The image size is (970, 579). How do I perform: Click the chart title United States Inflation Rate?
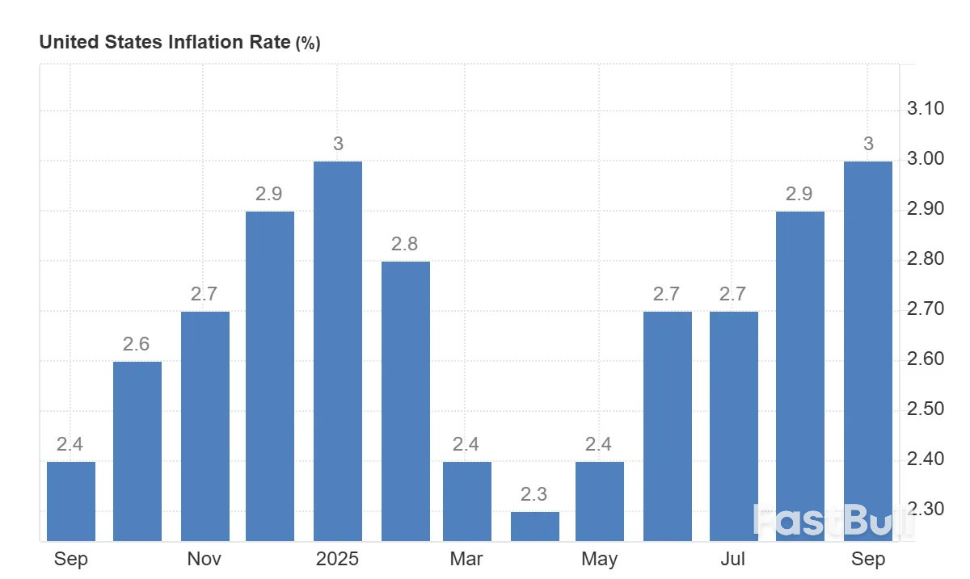point(165,43)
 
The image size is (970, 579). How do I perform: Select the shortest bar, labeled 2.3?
point(535,526)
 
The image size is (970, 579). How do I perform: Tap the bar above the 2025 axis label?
point(338,351)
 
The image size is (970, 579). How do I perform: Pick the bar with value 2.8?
point(406,401)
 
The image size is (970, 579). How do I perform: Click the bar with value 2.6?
point(137,451)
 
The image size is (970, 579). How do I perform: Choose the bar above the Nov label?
point(205,426)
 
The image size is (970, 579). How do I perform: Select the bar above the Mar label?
point(467,501)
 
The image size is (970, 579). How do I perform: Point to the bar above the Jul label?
point(734,426)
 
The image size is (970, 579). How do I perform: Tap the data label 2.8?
point(404,244)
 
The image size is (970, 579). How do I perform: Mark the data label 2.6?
point(136,344)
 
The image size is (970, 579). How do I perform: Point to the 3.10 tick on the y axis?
point(926,109)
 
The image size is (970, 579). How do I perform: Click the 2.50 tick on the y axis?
point(926,409)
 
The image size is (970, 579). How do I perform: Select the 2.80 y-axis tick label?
point(926,259)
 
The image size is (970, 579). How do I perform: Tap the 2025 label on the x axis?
point(337,559)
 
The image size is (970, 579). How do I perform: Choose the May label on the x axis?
point(599,559)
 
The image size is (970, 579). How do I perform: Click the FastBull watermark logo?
point(833,521)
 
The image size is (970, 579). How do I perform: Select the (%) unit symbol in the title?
point(308,44)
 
